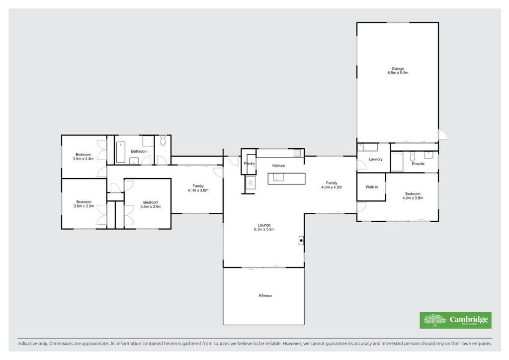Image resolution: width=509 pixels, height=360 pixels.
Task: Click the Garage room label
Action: [398, 71]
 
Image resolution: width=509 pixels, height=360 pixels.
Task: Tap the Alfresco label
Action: [265, 295]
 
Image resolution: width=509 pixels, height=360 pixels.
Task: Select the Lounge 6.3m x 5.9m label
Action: [264, 227]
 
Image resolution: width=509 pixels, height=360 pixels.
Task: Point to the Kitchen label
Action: [278, 166]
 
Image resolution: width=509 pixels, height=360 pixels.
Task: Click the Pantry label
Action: [250, 163]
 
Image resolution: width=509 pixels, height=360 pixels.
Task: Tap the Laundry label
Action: [376, 159]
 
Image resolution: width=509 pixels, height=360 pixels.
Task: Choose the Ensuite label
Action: [418, 164]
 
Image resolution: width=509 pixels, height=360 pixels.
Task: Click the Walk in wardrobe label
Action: [372, 187]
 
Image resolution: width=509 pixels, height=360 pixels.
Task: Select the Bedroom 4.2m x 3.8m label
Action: [413, 196]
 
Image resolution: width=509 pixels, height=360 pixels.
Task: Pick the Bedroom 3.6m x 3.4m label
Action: [83, 157]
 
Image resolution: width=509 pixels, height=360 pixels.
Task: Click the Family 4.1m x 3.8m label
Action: [198, 188]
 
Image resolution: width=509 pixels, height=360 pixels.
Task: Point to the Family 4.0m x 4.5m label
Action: [332, 184]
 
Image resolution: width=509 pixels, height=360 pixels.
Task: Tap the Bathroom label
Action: [139, 151]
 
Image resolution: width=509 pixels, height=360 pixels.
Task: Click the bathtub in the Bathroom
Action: [121, 152]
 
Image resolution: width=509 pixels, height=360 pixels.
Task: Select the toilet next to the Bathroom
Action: [163, 140]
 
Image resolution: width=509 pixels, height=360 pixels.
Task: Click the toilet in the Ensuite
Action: [413, 156]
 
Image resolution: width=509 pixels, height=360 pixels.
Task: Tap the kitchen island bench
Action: [286, 179]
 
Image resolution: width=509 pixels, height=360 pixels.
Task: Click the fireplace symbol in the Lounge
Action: [301, 240]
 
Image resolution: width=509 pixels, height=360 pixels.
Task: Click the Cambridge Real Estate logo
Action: [455, 320]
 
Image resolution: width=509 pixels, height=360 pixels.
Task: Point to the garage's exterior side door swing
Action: [443, 135]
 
